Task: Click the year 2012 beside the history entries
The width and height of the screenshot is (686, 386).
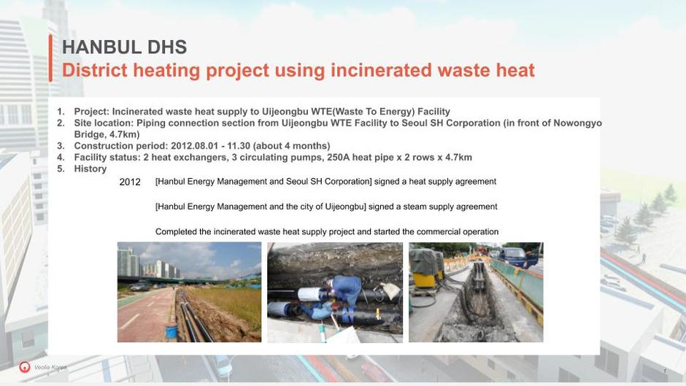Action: pyautogui.click(x=130, y=182)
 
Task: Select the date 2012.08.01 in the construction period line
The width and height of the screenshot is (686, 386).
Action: pyautogui.click(x=194, y=146)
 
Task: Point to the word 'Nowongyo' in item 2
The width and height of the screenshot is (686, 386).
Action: pyautogui.click(x=577, y=123)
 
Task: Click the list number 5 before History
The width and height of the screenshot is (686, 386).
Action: pyautogui.click(x=61, y=169)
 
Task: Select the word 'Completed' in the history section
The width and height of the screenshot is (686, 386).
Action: pyautogui.click(x=175, y=232)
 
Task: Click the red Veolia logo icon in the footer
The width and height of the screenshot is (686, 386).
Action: pyautogui.click(x=25, y=367)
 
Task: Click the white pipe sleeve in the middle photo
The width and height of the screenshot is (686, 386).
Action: pyautogui.click(x=309, y=293)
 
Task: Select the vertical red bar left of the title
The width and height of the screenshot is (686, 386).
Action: pyautogui.click(x=51, y=58)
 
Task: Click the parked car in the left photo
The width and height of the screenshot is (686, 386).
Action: pyautogui.click(x=140, y=287)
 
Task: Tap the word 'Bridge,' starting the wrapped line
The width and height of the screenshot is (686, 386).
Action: pyautogui.click(x=90, y=135)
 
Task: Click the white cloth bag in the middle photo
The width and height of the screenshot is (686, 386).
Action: pyautogui.click(x=390, y=290)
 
